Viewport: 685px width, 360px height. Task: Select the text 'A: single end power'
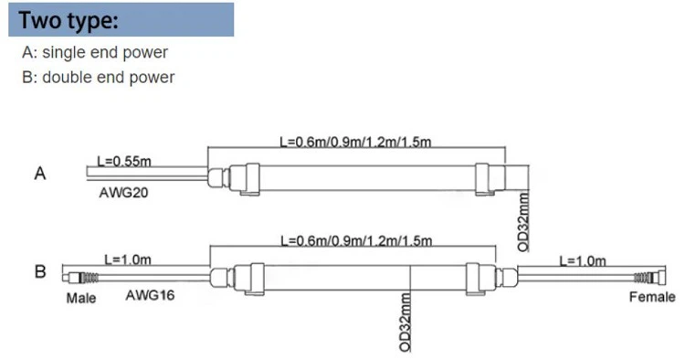[x=95, y=53]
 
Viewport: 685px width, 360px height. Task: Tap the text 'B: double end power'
[x=98, y=77]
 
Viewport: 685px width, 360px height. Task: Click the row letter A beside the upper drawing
[x=39, y=174]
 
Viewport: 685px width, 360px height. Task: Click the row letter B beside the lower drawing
[x=39, y=271]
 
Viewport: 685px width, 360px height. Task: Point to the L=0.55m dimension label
[x=123, y=161]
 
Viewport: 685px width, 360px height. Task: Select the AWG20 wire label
[x=123, y=193]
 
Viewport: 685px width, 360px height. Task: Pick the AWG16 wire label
[x=151, y=296]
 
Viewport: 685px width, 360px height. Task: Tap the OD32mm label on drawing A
[x=523, y=220]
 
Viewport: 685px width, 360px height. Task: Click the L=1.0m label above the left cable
[x=128, y=259]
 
